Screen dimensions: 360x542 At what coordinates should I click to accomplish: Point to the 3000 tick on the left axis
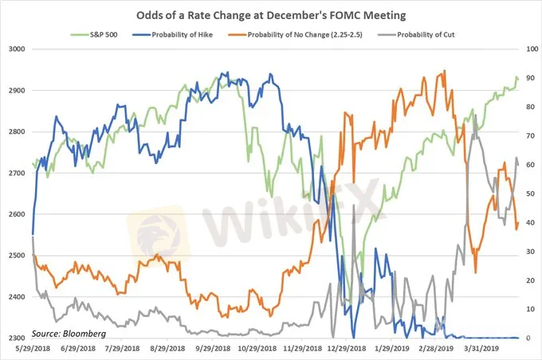(15, 49)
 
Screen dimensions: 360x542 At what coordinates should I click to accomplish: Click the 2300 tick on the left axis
(15, 338)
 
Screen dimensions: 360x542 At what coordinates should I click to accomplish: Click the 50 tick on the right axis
(528, 194)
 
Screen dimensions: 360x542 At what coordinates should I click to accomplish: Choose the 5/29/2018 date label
(33, 349)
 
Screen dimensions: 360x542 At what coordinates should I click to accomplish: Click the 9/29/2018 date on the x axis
(221, 349)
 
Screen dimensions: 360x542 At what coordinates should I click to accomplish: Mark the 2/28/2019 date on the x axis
(436, 349)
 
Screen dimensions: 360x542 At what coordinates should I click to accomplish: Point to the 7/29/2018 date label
(126, 349)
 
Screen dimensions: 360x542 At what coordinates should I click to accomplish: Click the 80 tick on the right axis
(528, 107)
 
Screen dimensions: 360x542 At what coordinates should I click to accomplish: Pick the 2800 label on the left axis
(15, 131)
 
